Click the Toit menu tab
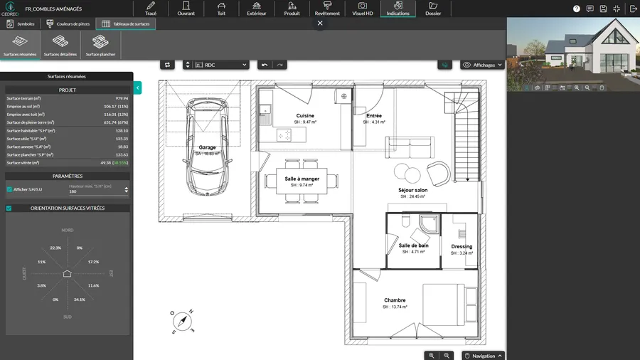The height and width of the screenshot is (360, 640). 220,9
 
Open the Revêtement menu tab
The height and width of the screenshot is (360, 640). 327,9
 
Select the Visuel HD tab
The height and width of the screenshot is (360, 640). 363,9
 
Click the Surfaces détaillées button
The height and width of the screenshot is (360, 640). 60,45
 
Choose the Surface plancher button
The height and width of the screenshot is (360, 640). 101,45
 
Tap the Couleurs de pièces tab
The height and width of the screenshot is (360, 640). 69,23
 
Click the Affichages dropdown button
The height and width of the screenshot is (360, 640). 483,65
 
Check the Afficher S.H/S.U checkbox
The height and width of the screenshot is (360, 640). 9,189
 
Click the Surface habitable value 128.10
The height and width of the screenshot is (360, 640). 121,130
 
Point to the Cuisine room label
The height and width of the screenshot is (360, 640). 305,115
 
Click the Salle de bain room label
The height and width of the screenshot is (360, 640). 413,245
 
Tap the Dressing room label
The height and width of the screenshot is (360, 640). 462,247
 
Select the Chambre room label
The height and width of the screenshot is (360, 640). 395,300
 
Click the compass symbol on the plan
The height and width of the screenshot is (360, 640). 183,322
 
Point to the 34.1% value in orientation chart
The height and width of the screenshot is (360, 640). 79,300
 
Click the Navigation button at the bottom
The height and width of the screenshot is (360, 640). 483,355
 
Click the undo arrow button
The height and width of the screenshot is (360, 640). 265,65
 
